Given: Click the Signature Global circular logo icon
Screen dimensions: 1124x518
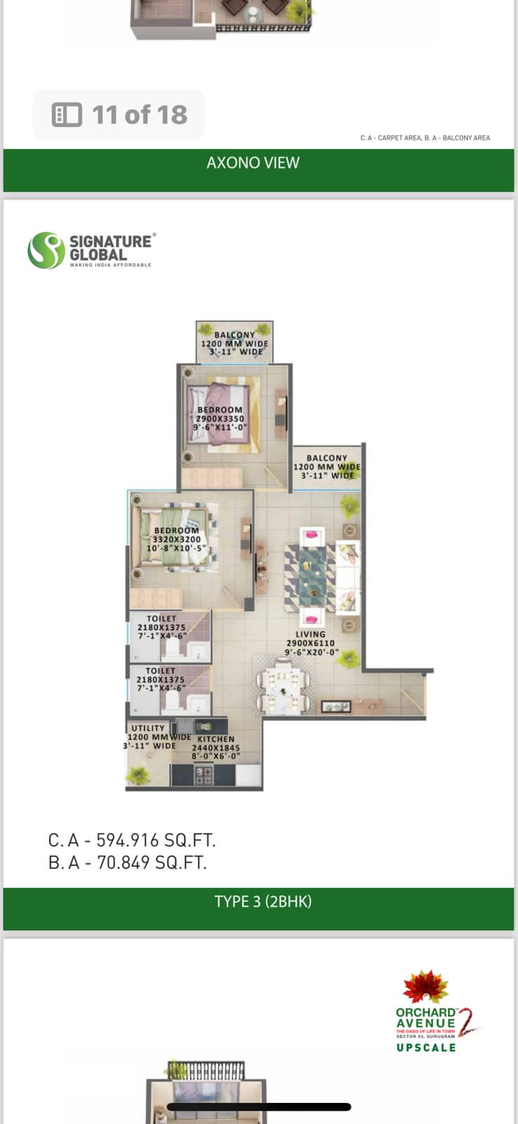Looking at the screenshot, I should [46, 251].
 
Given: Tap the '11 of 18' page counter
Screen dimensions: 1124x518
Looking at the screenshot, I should [119, 115].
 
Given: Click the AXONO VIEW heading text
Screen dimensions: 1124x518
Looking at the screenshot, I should [253, 163].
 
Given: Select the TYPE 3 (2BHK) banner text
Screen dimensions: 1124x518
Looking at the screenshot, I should [263, 901].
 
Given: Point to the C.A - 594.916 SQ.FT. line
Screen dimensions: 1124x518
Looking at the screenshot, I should [132, 840].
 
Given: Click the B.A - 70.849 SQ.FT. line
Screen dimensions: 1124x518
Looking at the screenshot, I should [127, 863].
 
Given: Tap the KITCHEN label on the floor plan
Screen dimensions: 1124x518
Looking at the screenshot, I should [216, 740].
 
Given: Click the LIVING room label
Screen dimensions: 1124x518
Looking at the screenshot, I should [310, 634].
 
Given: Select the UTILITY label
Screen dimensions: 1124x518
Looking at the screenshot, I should [148, 728].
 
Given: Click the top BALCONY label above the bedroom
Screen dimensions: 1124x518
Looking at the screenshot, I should [234, 336].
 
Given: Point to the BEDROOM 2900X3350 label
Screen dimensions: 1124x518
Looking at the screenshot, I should [220, 418].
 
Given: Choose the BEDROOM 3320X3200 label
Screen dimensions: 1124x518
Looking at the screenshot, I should [176, 539].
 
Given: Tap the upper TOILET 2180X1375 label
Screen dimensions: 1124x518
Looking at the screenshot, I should [161, 627].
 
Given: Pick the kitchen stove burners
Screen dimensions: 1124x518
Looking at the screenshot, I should [204, 775].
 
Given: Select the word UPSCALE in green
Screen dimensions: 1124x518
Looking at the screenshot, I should [426, 1047].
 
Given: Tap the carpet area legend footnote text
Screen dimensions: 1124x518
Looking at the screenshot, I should [425, 138].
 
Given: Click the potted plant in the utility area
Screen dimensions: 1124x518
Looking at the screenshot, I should [138, 775].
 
